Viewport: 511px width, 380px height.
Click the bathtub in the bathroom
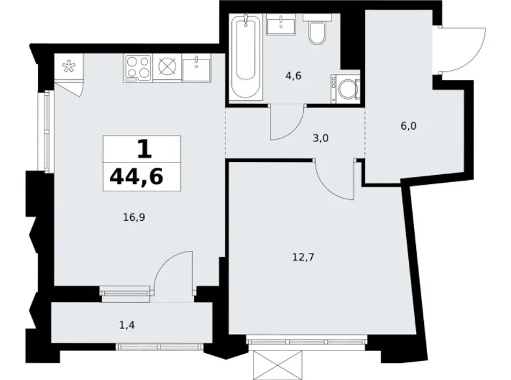[247, 58]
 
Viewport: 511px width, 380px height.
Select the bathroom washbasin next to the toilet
[282, 26]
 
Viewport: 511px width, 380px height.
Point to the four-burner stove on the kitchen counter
[138, 67]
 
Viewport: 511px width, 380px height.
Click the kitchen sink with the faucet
[196, 67]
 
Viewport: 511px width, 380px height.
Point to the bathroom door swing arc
[287, 123]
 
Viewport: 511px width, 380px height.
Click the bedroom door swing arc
[337, 180]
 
